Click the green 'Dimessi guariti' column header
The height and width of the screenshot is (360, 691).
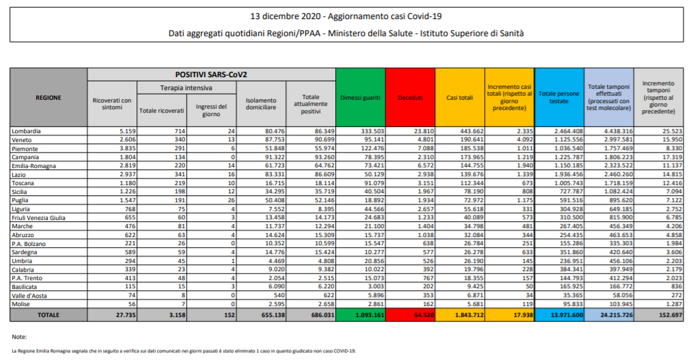coord(360,98)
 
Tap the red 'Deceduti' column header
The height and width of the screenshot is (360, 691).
coord(410,98)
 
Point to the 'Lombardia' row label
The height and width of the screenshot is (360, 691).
coord(27,130)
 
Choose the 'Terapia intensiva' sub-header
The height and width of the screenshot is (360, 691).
coord(186,88)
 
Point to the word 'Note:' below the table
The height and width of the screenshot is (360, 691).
coord(19,337)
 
